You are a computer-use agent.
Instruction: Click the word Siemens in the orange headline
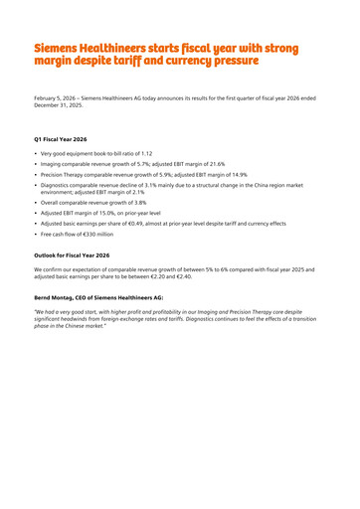point(59,49)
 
